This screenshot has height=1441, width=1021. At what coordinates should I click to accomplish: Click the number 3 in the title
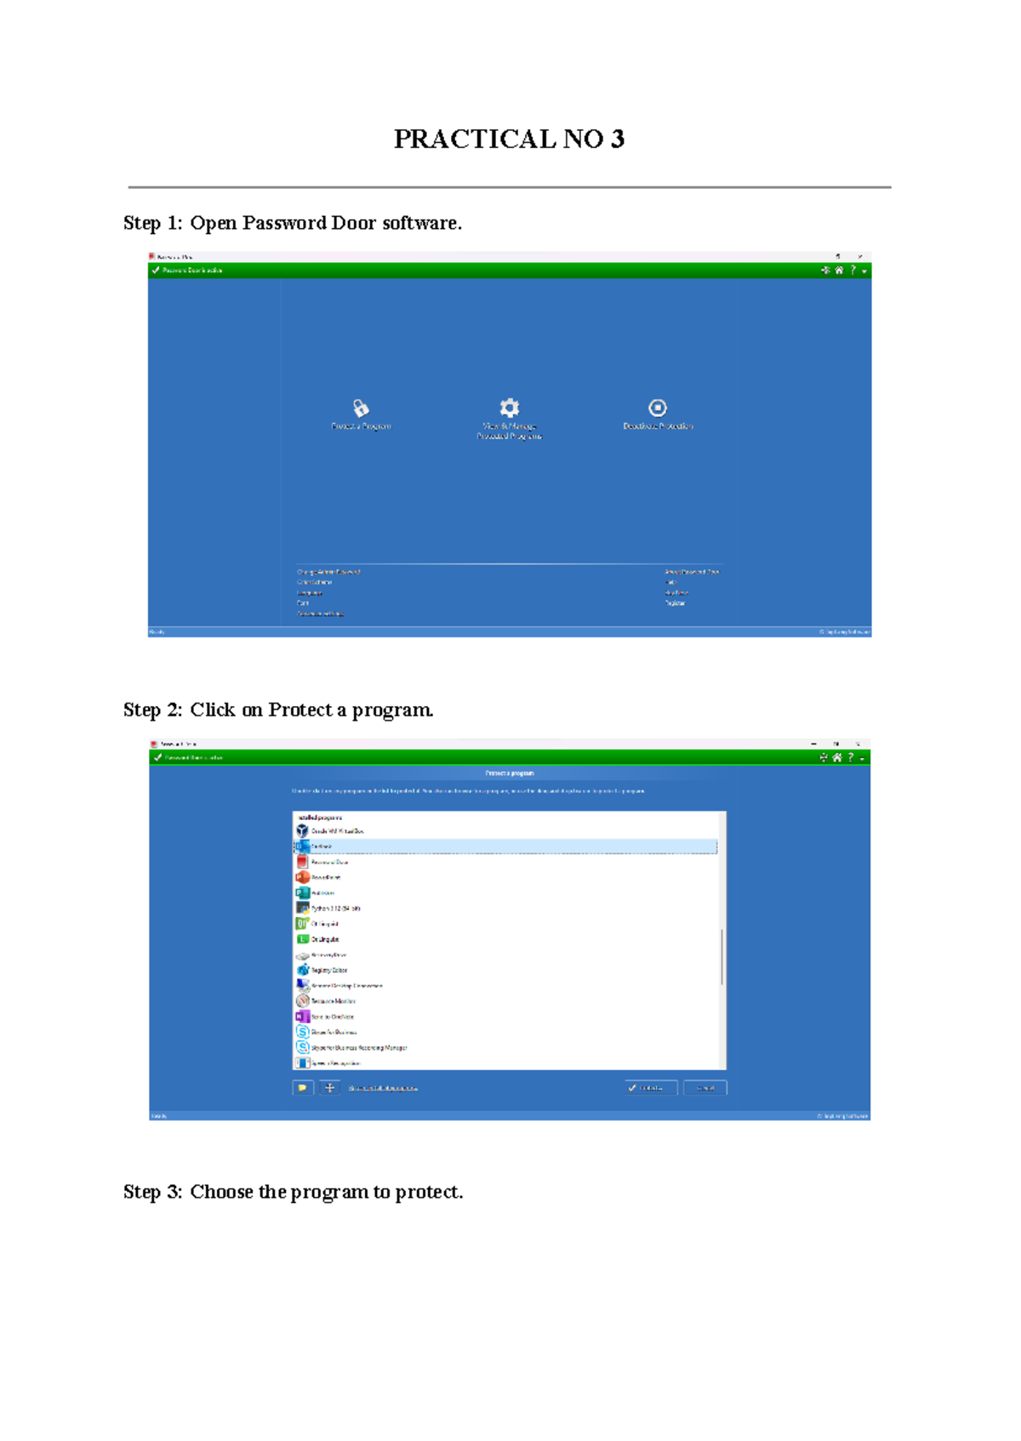(617, 139)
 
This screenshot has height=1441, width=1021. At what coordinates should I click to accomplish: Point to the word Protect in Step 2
(299, 710)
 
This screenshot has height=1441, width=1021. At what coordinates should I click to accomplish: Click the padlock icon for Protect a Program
(361, 408)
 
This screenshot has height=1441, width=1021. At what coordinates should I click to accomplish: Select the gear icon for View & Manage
(509, 407)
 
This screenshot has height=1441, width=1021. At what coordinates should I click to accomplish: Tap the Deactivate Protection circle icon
(658, 408)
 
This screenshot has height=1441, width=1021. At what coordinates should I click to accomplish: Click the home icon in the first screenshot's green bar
(839, 271)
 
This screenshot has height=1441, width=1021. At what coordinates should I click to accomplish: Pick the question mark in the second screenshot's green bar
(850, 757)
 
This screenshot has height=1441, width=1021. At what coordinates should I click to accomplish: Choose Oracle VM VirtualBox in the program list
(337, 831)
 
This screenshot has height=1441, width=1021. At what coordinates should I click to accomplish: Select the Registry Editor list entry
(328, 971)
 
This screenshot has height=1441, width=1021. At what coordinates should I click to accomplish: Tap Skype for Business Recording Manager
(358, 1048)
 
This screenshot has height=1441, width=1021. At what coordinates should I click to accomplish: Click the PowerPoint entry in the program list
(325, 877)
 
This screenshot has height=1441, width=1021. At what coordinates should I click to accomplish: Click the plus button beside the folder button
(330, 1088)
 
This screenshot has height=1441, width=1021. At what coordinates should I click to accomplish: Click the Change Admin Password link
(328, 572)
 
